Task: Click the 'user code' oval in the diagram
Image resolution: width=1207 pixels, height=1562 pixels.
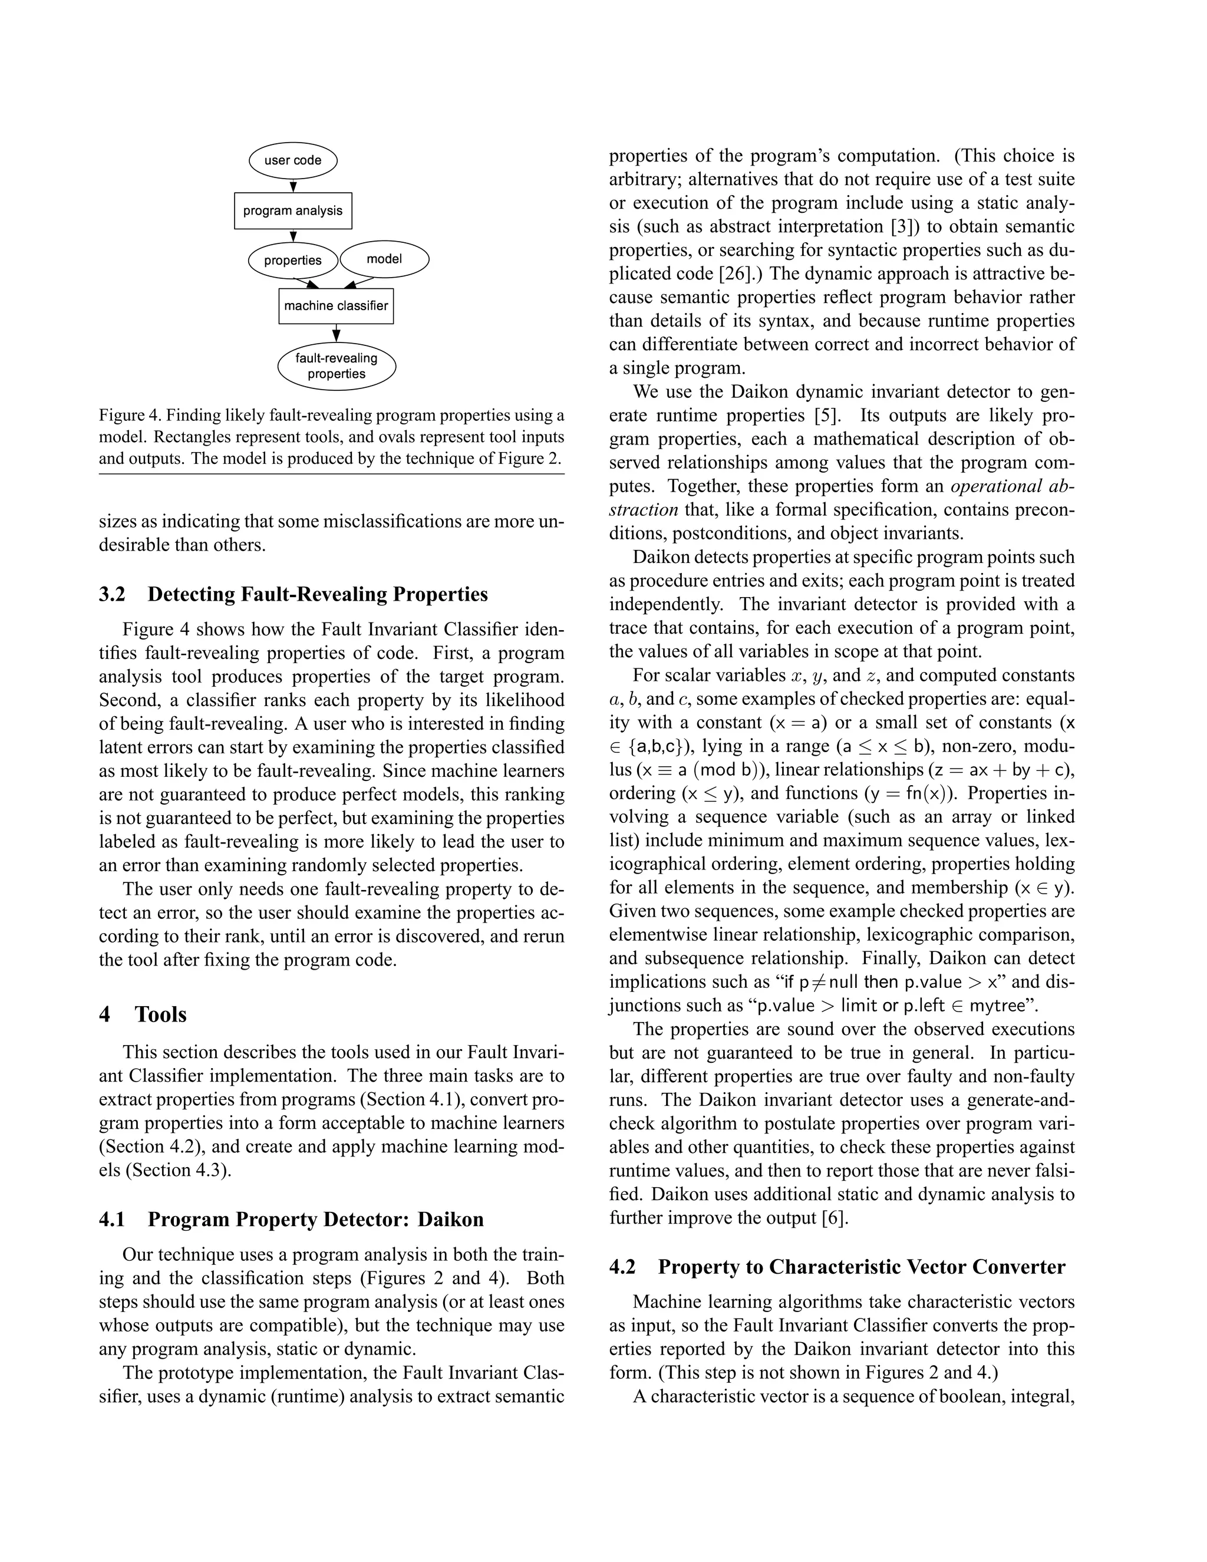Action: [x=292, y=161]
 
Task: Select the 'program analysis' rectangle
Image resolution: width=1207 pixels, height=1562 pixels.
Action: [x=292, y=211]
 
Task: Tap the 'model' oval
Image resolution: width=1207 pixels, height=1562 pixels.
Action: [x=384, y=259]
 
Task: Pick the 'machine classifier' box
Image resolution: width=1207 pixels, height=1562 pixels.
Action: [x=335, y=306]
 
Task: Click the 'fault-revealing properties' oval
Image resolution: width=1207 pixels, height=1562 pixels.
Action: [x=336, y=366]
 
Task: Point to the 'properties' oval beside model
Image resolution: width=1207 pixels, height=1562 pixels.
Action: [x=292, y=261]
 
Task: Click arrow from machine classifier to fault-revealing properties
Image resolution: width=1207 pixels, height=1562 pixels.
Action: [x=336, y=334]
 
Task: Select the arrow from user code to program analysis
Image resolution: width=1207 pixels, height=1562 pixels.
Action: [x=292, y=186]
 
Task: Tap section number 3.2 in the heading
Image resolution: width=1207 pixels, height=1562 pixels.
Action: [x=111, y=594]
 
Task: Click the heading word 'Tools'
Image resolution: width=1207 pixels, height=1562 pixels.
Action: [x=161, y=1014]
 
